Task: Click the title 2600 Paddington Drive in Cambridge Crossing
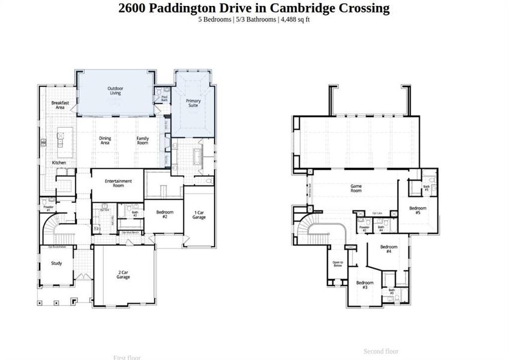[254, 8]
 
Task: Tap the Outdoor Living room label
[115, 91]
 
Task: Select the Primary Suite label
[193, 103]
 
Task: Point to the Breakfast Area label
[60, 105]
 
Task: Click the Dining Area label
[105, 140]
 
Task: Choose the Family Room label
[142, 140]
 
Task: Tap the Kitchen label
[59, 163]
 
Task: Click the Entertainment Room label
[118, 183]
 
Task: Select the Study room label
[56, 263]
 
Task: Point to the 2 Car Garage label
[124, 275]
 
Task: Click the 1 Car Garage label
[199, 215]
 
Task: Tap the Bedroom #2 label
[165, 214]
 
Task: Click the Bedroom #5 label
[419, 211]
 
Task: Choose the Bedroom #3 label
[365, 285]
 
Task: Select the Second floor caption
[381, 351]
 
